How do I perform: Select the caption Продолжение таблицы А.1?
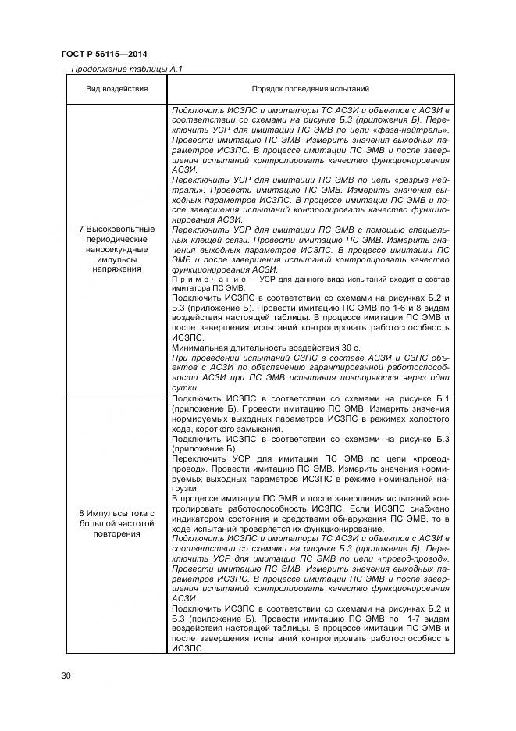coord(126,70)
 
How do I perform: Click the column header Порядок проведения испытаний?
coord(310,90)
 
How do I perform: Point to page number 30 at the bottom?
coord(66,675)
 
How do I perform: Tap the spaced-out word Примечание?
coord(198,280)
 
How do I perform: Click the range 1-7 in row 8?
coord(408,618)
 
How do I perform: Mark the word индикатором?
coord(204,519)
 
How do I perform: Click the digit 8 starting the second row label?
coord(82,513)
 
